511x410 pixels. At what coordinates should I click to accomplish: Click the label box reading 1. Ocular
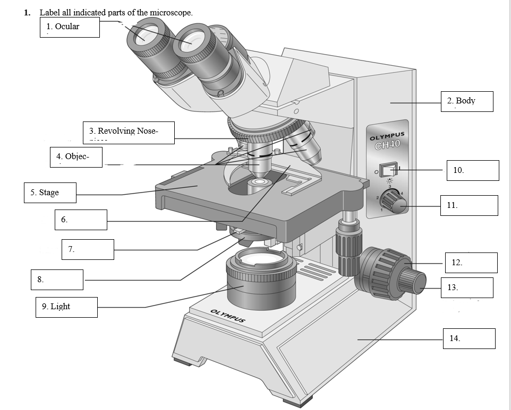(x=70, y=27)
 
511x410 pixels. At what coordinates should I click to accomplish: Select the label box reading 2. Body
(x=466, y=101)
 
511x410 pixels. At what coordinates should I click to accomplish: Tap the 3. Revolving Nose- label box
(x=129, y=133)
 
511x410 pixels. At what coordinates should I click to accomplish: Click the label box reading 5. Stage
(x=50, y=193)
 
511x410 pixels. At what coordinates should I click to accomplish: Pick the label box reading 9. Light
(x=66, y=307)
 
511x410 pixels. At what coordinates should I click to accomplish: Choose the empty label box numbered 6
(x=81, y=220)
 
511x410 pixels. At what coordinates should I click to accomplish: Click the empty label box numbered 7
(x=88, y=249)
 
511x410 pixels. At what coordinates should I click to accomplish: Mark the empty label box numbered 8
(x=57, y=280)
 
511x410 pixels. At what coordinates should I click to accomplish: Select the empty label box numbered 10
(x=472, y=170)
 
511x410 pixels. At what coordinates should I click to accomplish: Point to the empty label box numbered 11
(x=469, y=205)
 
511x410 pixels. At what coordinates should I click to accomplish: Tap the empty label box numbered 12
(x=471, y=263)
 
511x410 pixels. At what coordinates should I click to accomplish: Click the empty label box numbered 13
(x=467, y=287)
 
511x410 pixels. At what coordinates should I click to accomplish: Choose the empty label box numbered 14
(x=469, y=338)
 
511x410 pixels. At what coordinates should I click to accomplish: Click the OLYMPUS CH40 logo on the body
(x=387, y=141)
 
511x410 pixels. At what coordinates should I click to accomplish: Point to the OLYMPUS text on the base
(x=228, y=316)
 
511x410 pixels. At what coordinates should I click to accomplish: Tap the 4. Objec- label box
(x=75, y=157)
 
